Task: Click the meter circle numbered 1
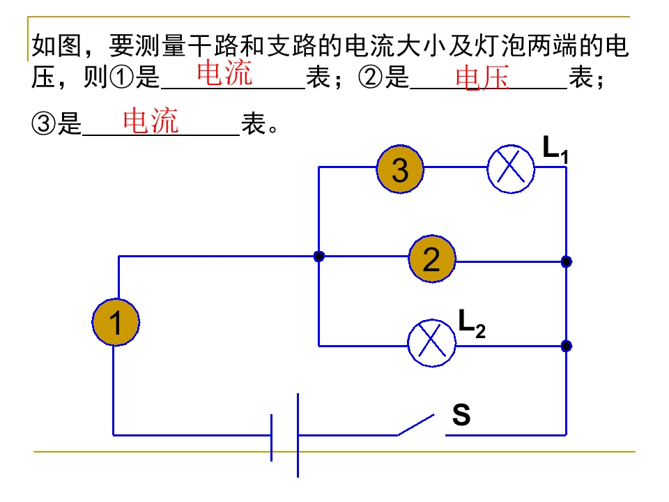(x=116, y=322)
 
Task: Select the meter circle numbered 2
(x=432, y=259)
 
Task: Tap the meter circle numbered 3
(x=400, y=169)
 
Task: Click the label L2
(x=471, y=322)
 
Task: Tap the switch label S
(x=461, y=415)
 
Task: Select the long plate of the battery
(x=298, y=435)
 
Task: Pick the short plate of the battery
(x=272, y=437)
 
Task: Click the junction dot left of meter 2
(x=318, y=257)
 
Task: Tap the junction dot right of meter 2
(x=567, y=262)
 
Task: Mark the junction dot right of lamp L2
(x=567, y=346)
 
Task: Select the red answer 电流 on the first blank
(x=224, y=73)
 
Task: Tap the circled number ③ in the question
(x=43, y=125)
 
